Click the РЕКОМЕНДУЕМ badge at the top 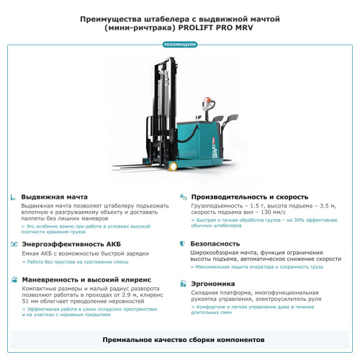(x=179, y=45)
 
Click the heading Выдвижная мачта (x=54, y=197)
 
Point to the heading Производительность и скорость (x=249, y=197)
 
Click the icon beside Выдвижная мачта (x=14, y=197)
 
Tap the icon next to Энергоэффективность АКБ (x=14, y=244)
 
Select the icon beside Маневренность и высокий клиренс (x=14, y=279)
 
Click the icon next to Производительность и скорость (x=184, y=197)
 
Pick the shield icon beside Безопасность (x=184, y=244)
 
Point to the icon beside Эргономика (x=184, y=284)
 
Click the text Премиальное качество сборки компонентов (x=179, y=338)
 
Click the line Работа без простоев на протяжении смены (x=72, y=262)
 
